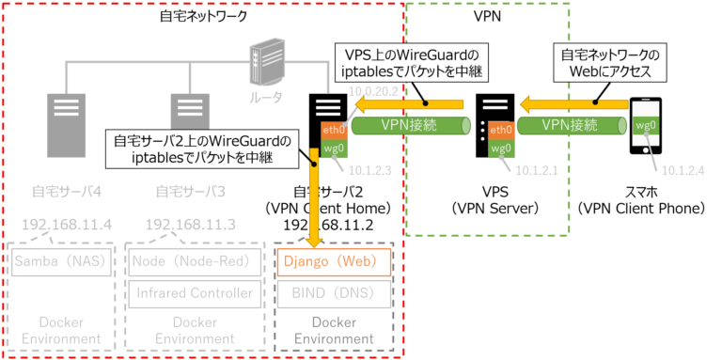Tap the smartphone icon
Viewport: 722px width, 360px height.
pyautogui.click(x=645, y=127)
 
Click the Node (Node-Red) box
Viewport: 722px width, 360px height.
pyautogui.click(x=195, y=260)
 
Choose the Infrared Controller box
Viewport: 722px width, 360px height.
pyautogui.click(x=195, y=292)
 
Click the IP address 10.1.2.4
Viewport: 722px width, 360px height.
pyautogui.click(x=683, y=170)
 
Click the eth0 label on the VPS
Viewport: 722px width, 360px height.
pyautogui.click(x=500, y=129)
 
